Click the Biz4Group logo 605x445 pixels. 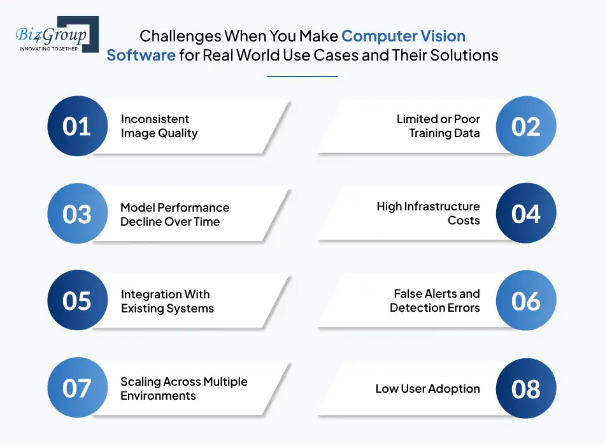click(56, 35)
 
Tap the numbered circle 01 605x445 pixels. click(77, 126)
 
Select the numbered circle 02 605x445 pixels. click(526, 126)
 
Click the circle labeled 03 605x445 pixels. click(77, 214)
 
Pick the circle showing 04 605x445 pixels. click(526, 214)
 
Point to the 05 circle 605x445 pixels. click(77, 301)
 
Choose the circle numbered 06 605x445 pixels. click(526, 301)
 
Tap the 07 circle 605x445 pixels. click(77, 388)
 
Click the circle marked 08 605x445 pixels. click(526, 388)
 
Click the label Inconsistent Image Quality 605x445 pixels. click(159, 126)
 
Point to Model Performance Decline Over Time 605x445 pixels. click(174, 214)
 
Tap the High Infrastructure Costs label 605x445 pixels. click(428, 214)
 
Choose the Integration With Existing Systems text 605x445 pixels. click(167, 302)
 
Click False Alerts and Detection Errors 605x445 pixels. click(435, 301)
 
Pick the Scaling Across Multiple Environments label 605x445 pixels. click(183, 388)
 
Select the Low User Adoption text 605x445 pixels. click(427, 389)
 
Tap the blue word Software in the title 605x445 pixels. click(141, 55)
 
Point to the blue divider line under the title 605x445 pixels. click(302, 77)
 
